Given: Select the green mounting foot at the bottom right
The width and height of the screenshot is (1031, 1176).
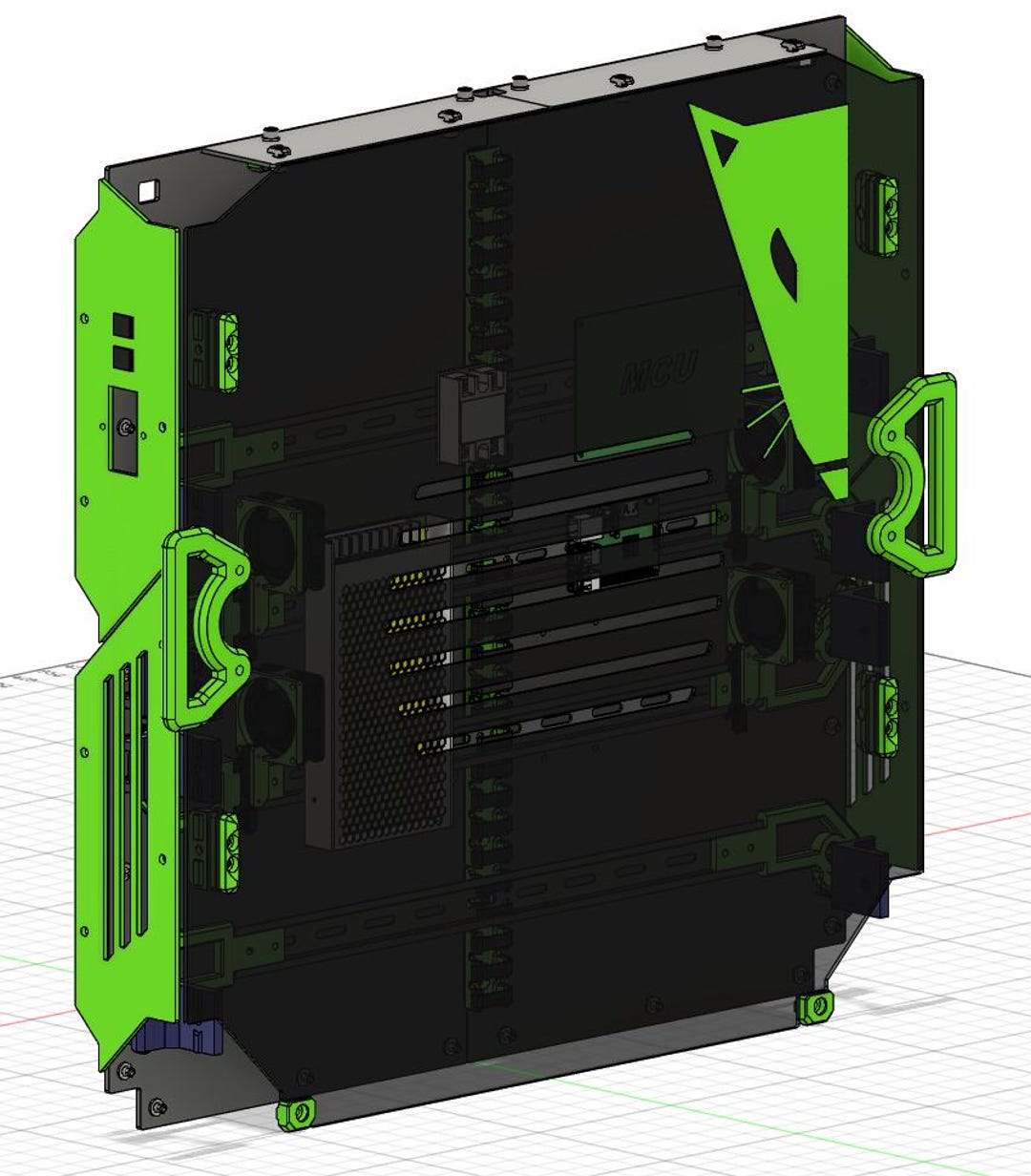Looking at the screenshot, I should (x=814, y=1007).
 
